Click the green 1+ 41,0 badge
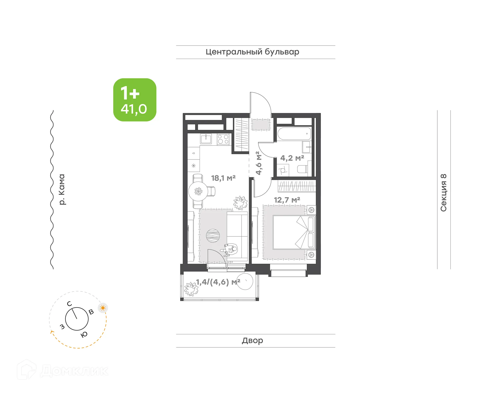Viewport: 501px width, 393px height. [x=135, y=100]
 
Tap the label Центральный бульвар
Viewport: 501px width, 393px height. [x=252, y=52]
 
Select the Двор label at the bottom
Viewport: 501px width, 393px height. [x=252, y=340]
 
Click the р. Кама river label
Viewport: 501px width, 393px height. [x=62, y=189]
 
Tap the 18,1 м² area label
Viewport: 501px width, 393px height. [x=223, y=178]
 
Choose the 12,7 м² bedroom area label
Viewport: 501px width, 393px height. [x=287, y=200]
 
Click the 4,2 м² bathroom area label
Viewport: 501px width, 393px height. [x=292, y=158]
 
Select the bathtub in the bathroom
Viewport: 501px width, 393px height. [x=294, y=134]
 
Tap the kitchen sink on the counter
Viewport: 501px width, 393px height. [x=206, y=138]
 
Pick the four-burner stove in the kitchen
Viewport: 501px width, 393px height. [x=223, y=139]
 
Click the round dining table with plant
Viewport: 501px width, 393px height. [x=198, y=191]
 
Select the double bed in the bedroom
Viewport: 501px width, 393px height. [x=294, y=232]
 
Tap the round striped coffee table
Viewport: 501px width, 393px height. [x=213, y=236]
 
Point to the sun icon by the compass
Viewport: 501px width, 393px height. [x=103, y=308]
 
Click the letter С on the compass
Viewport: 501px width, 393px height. [x=69, y=304]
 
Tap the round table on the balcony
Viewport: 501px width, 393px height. [x=245, y=281]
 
